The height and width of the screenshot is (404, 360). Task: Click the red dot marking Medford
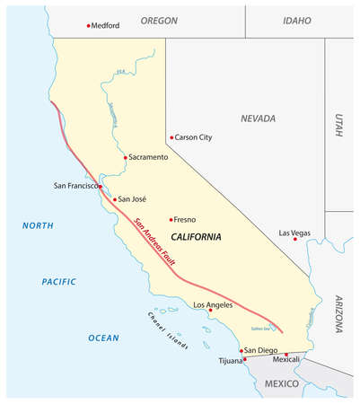(x=88, y=25)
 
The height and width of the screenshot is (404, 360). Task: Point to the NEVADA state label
(x=258, y=118)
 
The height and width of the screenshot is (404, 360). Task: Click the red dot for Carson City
(x=171, y=138)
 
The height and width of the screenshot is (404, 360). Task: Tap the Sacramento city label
(x=148, y=157)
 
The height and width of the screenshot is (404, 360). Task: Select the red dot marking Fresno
(x=171, y=219)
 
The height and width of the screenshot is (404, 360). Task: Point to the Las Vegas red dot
(x=283, y=240)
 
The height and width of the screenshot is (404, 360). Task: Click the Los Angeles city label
(x=213, y=305)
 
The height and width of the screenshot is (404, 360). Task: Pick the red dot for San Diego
(x=241, y=350)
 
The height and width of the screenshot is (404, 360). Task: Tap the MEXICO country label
(x=281, y=382)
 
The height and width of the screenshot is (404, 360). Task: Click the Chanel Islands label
(x=168, y=329)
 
